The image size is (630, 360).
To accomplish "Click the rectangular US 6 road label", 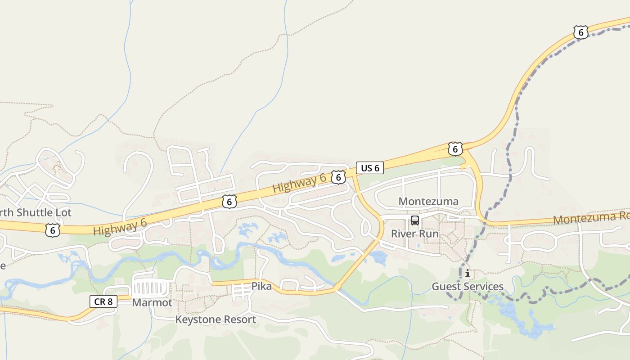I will (x=370, y=168).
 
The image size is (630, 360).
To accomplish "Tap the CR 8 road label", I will (x=103, y=301).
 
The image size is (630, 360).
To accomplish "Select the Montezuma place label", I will (x=428, y=201).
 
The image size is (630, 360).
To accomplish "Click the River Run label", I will (x=414, y=234).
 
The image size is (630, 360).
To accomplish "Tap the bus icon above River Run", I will (x=415, y=220).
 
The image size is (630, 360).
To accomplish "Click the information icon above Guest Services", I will (x=468, y=273).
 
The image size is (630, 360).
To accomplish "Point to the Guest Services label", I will (x=468, y=286).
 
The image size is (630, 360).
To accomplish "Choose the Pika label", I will (x=261, y=286).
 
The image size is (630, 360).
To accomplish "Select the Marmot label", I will (x=152, y=302).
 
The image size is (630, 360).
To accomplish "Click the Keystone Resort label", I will (x=216, y=319).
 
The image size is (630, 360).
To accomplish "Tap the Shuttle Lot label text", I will (x=36, y=212).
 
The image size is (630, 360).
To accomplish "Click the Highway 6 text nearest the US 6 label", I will (x=299, y=183).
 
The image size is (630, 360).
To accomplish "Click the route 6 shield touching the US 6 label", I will (x=338, y=177).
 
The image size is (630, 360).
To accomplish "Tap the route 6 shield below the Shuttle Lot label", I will (x=53, y=230).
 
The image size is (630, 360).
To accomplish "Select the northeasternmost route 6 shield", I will (x=581, y=32).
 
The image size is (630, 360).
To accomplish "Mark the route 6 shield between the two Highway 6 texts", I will (x=229, y=202).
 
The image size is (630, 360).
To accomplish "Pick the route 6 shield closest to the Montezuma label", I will (x=455, y=148).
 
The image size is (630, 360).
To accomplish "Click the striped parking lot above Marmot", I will (x=151, y=286).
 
